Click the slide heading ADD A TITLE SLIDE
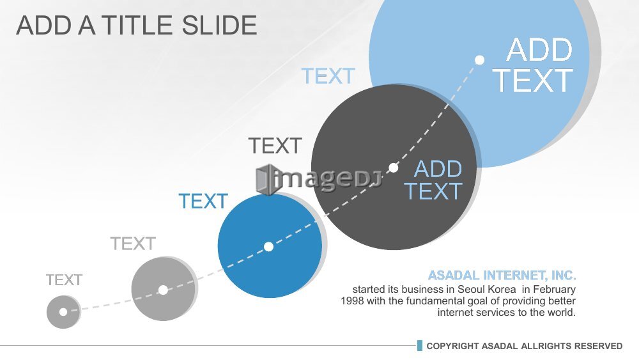[x=137, y=26]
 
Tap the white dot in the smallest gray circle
[x=63, y=312]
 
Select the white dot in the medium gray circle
[x=163, y=290]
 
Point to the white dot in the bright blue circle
[x=268, y=247]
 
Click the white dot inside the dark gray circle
[x=393, y=168]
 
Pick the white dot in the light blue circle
[x=480, y=60]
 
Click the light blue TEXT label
[x=328, y=76]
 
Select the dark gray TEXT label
[x=275, y=146]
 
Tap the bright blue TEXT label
[x=203, y=201]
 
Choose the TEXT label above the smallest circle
[x=64, y=280]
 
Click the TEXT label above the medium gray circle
[x=133, y=244]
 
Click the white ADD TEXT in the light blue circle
[x=533, y=65]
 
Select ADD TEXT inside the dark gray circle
[x=433, y=180]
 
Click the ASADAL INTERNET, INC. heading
[x=502, y=276]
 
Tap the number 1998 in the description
[x=352, y=301]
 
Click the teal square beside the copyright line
[x=420, y=346]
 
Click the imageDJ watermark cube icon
[x=267, y=180]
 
